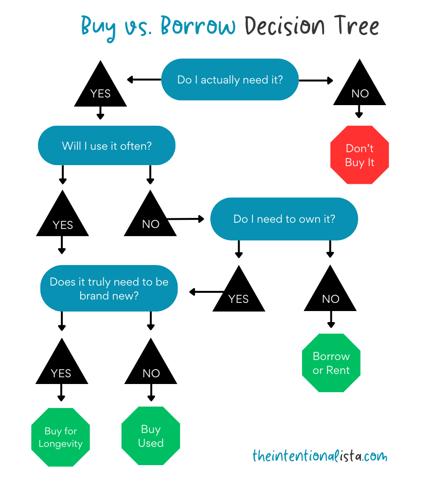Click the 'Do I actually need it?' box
[x=230, y=80]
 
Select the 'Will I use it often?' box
[x=107, y=145]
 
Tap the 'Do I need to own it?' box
[x=284, y=219]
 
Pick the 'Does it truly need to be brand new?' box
[x=109, y=288]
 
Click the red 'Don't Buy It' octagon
[x=359, y=155]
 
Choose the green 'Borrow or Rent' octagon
[x=331, y=363]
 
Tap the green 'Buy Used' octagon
[x=151, y=436]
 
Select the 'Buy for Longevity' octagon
[x=61, y=437]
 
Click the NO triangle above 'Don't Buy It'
[x=360, y=89]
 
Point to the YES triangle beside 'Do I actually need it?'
[x=100, y=89]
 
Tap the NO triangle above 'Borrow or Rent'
[x=330, y=294]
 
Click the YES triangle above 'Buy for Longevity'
[x=61, y=367]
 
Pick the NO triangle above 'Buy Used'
[x=151, y=367]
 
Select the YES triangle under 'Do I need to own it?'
[x=239, y=294]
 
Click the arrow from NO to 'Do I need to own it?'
[x=185, y=219]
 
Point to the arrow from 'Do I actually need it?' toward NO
[x=316, y=81]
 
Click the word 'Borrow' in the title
[x=198, y=26]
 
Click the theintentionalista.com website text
[x=319, y=455]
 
